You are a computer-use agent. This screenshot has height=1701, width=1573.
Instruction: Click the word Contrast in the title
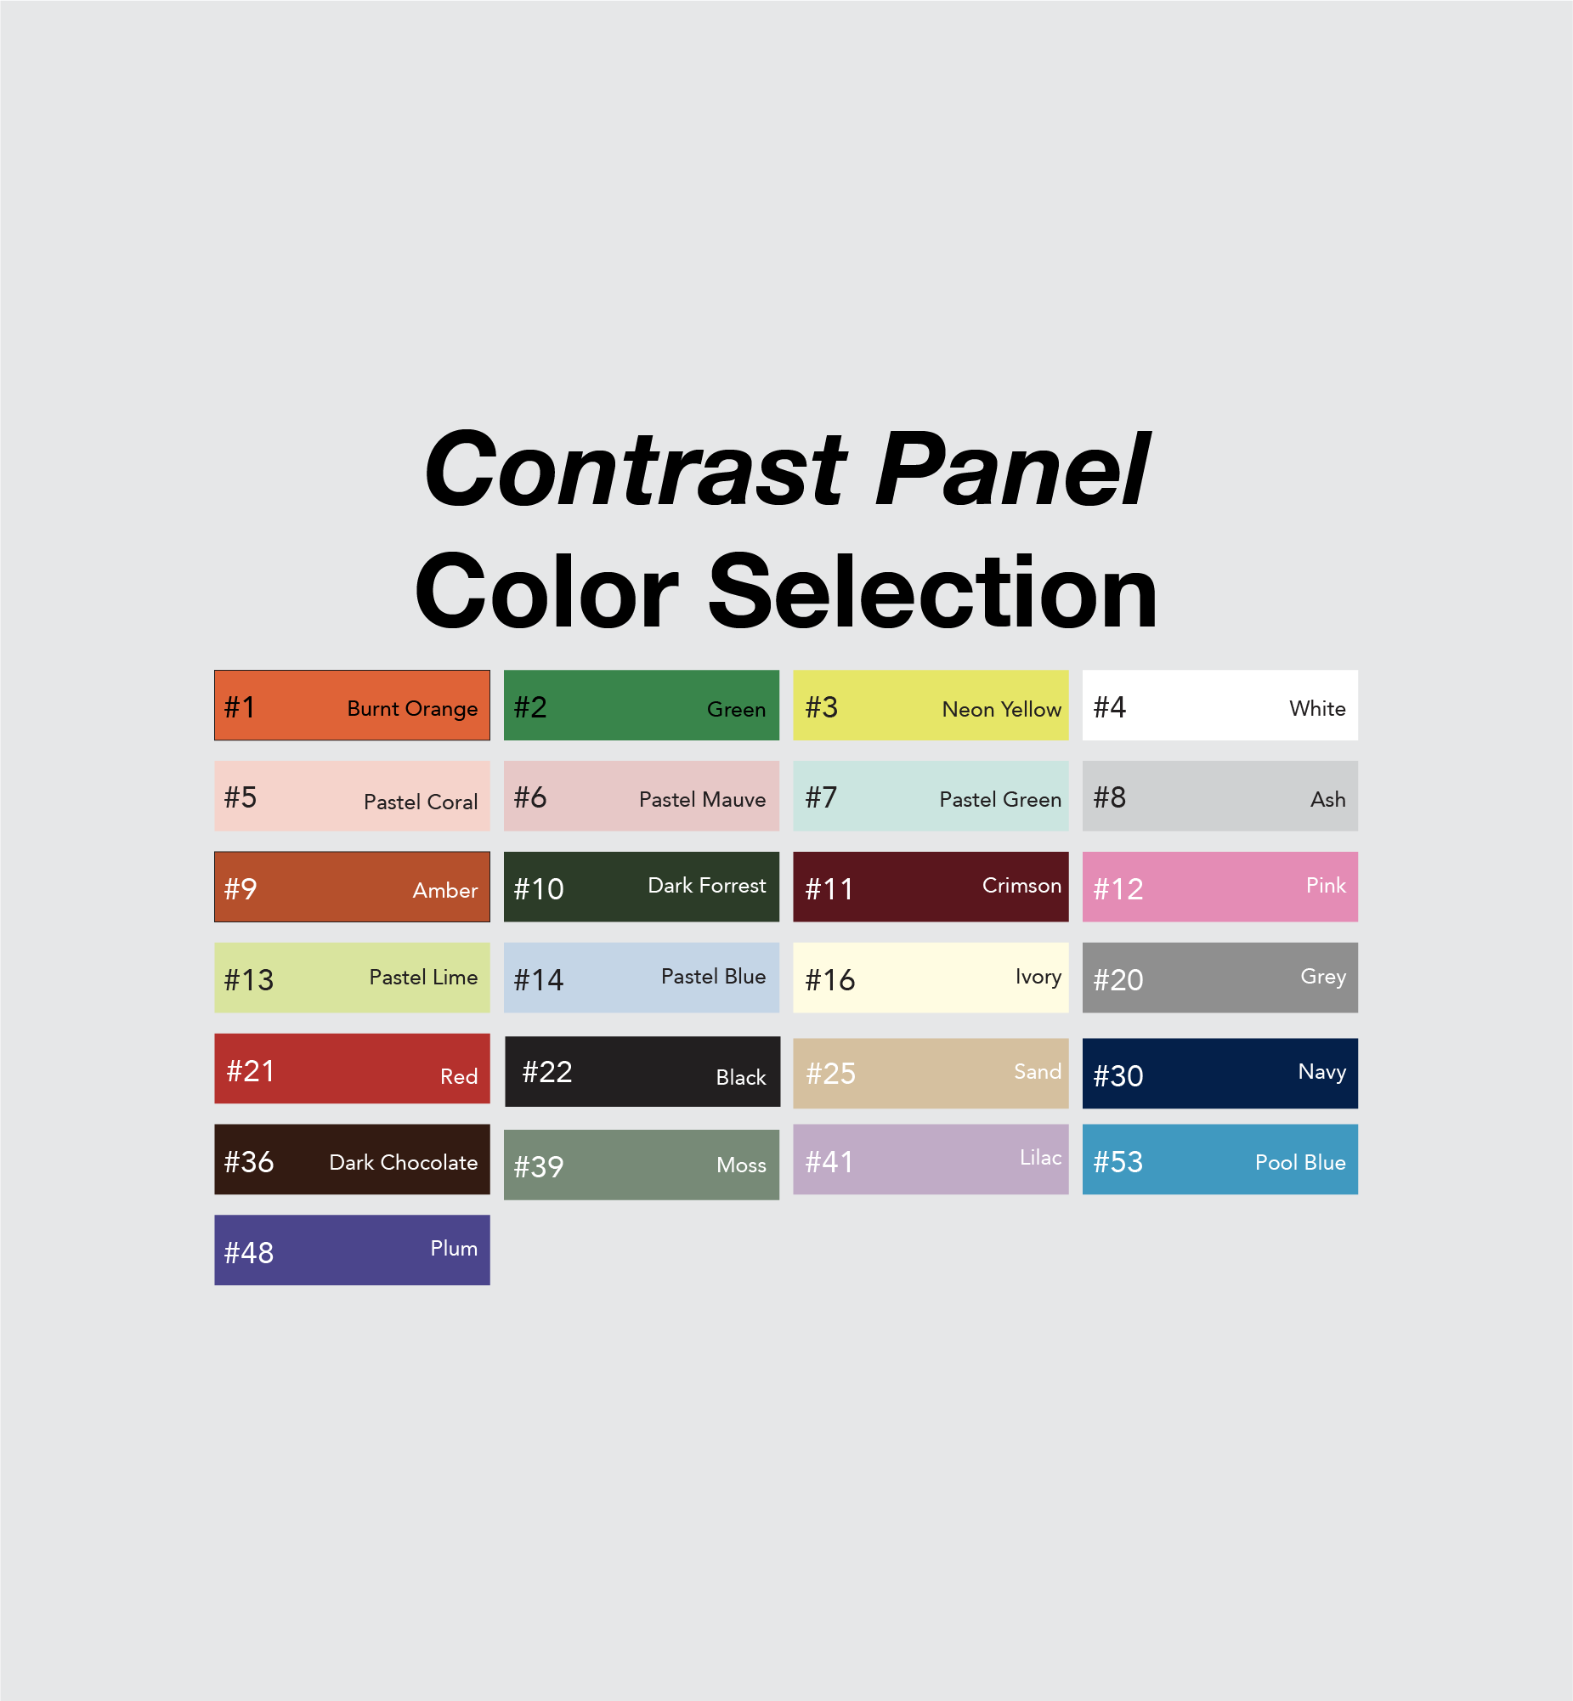(x=635, y=469)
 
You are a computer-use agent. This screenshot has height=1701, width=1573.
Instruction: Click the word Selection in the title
(x=932, y=592)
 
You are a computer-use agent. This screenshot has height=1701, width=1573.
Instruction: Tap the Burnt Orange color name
(x=412, y=709)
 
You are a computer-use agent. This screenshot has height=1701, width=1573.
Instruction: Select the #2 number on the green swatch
(x=530, y=707)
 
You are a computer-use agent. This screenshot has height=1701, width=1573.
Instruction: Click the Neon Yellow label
(x=1001, y=709)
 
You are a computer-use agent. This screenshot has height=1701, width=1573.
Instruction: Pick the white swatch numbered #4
(x=1219, y=705)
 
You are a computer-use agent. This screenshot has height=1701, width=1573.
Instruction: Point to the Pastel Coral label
(x=421, y=802)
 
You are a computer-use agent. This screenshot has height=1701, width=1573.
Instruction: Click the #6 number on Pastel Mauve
(x=530, y=797)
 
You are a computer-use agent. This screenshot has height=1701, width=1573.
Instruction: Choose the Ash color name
(x=1328, y=799)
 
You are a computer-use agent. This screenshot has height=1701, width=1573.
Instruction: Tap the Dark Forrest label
(x=706, y=886)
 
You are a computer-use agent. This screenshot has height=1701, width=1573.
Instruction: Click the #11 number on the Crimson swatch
(x=829, y=890)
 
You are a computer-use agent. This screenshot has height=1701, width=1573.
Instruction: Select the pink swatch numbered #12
(x=1219, y=887)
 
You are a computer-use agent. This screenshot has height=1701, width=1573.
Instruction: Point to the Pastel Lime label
(x=423, y=978)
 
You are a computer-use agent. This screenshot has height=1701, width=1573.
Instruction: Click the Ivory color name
(x=1038, y=978)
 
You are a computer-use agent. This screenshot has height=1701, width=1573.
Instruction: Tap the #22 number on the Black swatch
(x=546, y=1072)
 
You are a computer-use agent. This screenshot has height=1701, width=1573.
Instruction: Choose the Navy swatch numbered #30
(x=1219, y=1073)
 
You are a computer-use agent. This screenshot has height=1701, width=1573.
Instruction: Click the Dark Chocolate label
(x=404, y=1163)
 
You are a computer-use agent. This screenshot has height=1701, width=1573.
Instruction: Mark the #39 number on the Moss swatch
(x=538, y=1167)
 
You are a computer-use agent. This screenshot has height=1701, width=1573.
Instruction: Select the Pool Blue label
(x=1300, y=1163)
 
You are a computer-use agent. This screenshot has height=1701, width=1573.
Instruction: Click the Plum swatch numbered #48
(x=352, y=1250)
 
